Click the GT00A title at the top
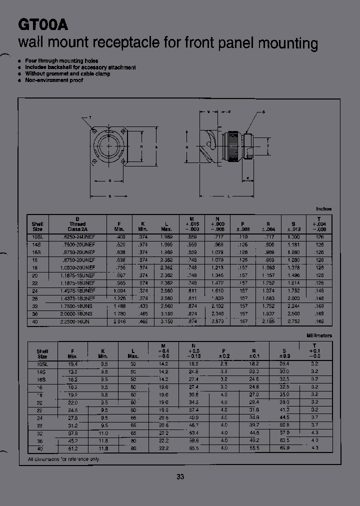(42, 24)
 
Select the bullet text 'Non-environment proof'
(54, 80)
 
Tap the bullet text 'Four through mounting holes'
(61, 61)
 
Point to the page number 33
(180, 476)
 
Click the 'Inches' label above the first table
(323, 209)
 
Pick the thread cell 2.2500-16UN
(77, 321)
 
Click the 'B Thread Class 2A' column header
(77, 224)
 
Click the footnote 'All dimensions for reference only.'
(64, 459)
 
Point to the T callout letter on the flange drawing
(90, 117)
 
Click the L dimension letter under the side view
(228, 196)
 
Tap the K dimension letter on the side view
(247, 178)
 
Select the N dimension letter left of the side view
(186, 147)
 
